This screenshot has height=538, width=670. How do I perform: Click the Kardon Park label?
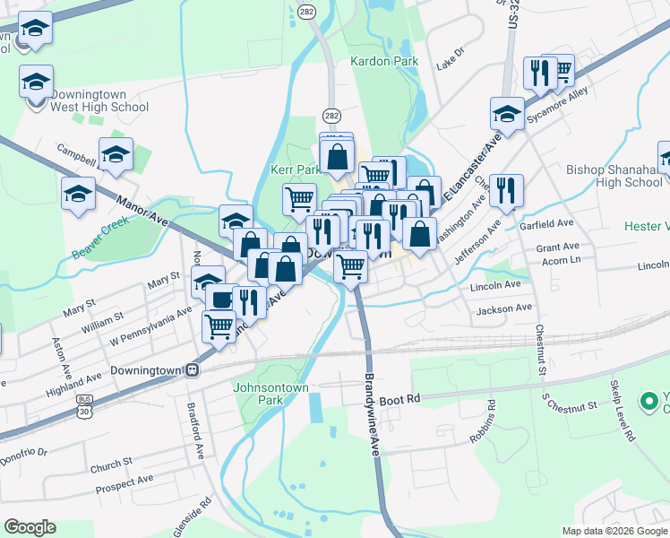click(385, 62)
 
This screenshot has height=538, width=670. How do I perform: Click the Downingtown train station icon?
click(192, 369)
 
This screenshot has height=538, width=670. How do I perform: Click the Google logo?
click(31, 526)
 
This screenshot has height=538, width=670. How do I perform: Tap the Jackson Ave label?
click(505, 308)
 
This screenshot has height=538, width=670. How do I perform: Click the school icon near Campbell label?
click(116, 155)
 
